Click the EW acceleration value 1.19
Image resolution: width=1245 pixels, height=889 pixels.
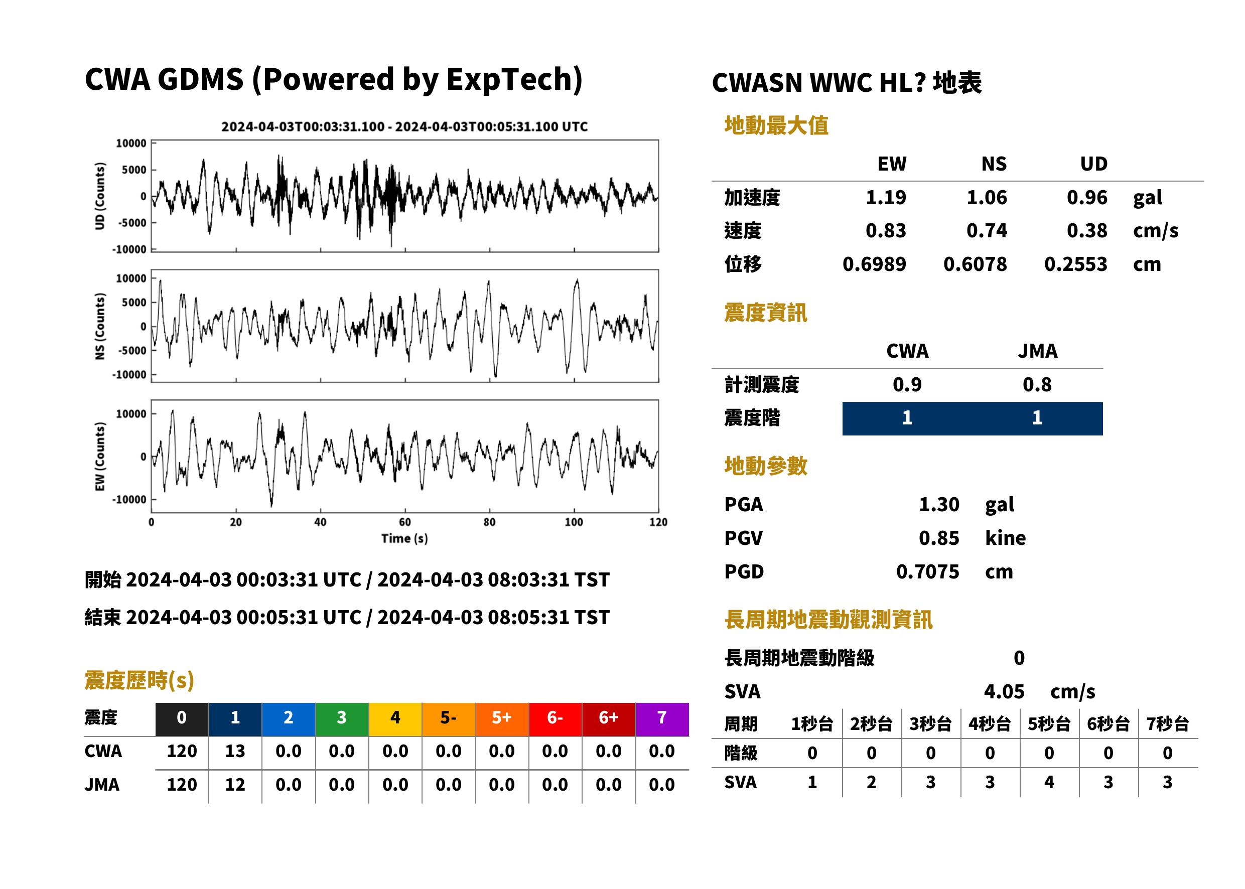pyautogui.click(x=885, y=197)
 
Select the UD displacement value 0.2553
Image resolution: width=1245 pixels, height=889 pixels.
pyautogui.click(x=1075, y=264)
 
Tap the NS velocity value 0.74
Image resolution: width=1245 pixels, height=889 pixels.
pyautogui.click(x=986, y=230)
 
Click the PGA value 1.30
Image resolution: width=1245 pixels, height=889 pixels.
pyautogui.click(x=939, y=504)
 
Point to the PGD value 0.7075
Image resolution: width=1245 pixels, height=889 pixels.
pyautogui.click(x=927, y=571)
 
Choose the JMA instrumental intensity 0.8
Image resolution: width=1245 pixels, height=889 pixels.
pyautogui.click(x=1037, y=384)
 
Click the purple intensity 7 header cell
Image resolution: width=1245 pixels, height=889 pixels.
pyautogui.click(x=662, y=719)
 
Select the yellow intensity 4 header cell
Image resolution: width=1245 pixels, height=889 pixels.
pyautogui.click(x=395, y=719)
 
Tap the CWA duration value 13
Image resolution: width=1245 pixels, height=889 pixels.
pyautogui.click(x=235, y=751)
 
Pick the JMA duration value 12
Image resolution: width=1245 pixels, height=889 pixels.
pyautogui.click(x=235, y=785)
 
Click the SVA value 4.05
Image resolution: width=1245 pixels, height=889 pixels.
pyautogui.click(x=1004, y=691)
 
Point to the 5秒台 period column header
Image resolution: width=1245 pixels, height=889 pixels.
pyautogui.click(x=1048, y=723)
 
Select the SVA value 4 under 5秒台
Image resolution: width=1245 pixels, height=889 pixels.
pyautogui.click(x=1049, y=782)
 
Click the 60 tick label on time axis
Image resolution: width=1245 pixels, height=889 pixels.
pyautogui.click(x=404, y=522)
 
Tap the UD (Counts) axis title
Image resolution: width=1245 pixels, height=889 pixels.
pyautogui.click(x=100, y=196)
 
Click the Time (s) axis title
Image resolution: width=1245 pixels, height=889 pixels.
pyautogui.click(x=404, y=539)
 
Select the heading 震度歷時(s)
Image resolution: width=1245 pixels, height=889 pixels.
pyautogui.click(x=140, y=680)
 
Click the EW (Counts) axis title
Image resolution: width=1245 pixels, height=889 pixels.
pyautogui.click(x=100, y=457)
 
